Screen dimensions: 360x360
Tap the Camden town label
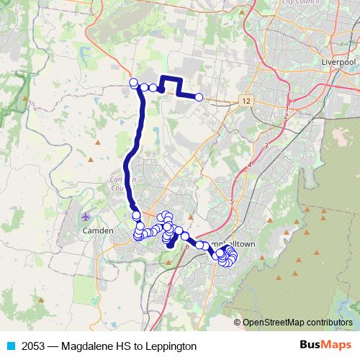98,230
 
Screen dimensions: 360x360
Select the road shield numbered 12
247,100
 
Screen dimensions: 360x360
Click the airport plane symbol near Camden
87,216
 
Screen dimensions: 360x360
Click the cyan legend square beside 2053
9,346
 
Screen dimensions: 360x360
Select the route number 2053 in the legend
35,346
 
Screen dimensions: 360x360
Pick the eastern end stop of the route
199,97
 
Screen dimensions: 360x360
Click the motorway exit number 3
266,146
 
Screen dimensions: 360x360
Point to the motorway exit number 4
249,165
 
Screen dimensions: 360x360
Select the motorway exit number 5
232,202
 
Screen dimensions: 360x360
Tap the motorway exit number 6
187,246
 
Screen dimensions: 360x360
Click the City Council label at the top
299,3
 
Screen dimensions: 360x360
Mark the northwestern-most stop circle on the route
133,83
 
